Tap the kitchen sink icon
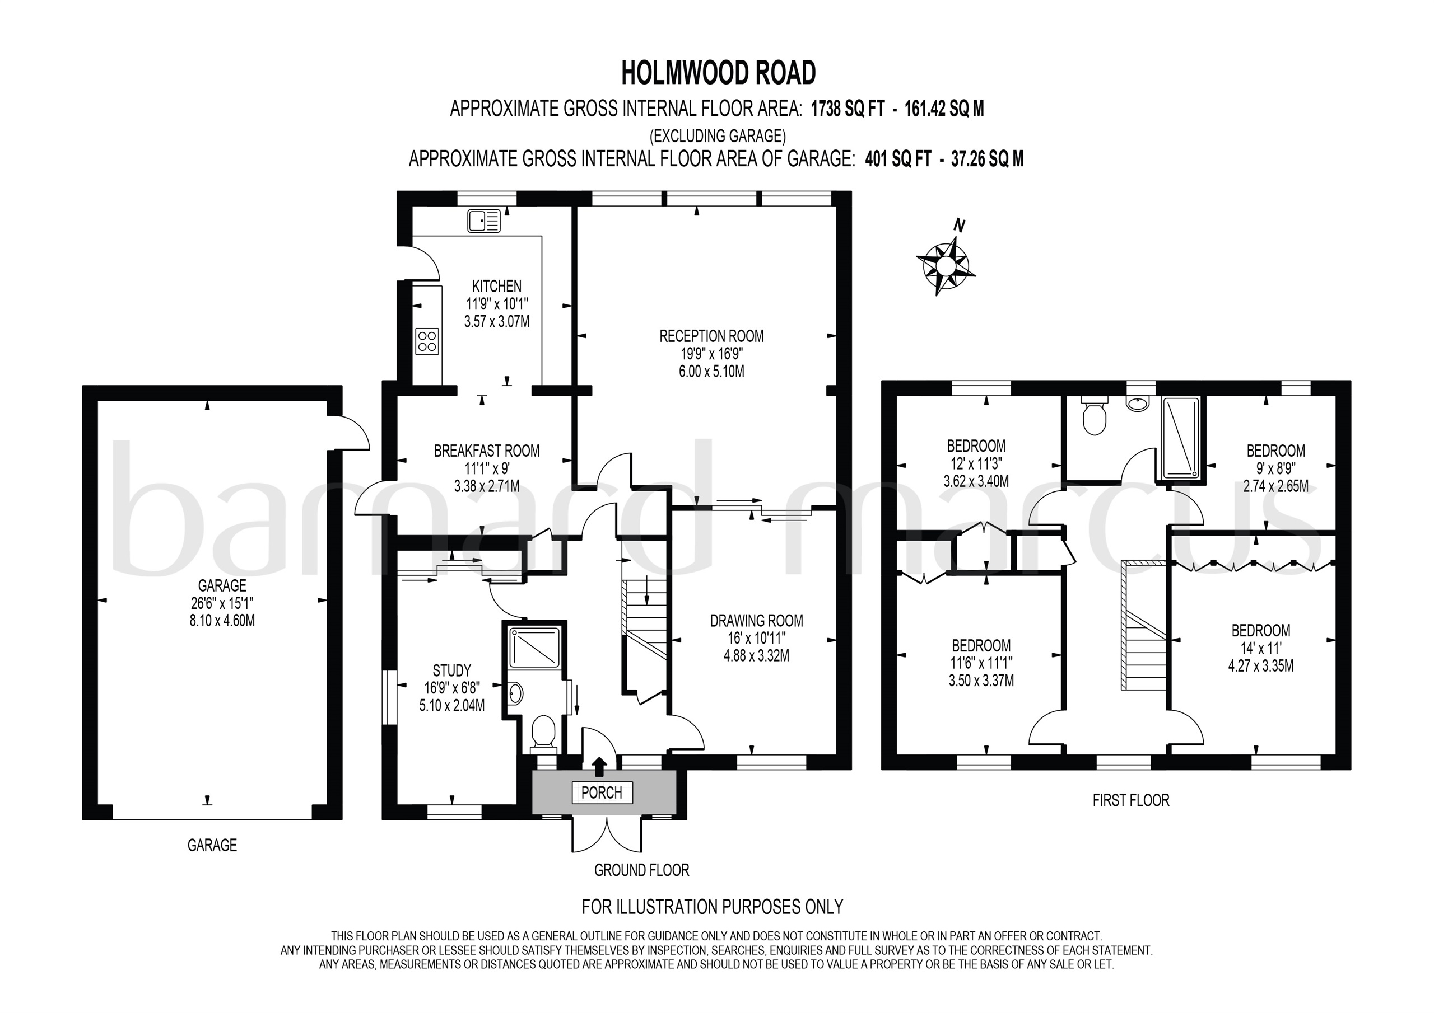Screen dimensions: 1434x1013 [x=484, y=221]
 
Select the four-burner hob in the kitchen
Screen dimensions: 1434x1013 [x=427, y=341]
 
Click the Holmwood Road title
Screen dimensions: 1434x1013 [x=718, y=73]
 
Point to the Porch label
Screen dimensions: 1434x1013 [x=602, y=792]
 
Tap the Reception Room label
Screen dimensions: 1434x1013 [x=711, y=336]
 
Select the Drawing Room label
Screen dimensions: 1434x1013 [x=756, y=621]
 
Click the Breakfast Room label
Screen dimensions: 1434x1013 [x=487, y=451]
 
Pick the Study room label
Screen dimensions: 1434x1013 [x=451, y=670]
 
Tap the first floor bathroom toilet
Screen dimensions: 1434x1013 [x=1093, y=417]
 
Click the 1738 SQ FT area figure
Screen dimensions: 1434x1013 [x=848, y=109]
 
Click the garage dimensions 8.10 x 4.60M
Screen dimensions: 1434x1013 [x=222, y=621]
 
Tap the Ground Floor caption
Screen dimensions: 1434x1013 [x=641, y=870]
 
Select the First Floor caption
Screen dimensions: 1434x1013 [x=1130, y=800]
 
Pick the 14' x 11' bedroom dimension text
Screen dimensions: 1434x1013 [x=1260, y=648]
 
